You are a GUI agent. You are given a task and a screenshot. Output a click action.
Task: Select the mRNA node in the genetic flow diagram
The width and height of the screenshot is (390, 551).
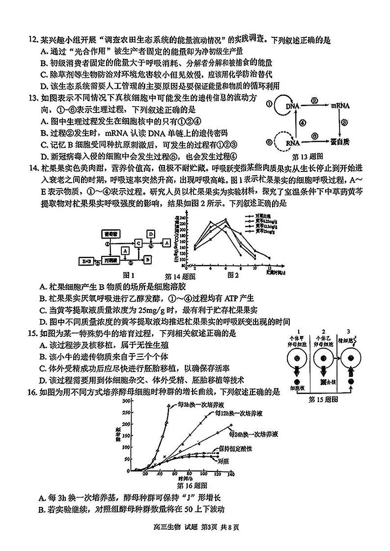click(x=339, y=106)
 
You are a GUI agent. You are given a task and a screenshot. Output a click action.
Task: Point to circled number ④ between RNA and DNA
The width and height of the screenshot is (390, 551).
click(x=303, y=123)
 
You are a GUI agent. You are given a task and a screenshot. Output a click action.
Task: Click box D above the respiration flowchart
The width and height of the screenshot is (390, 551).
click(x=151, y=233)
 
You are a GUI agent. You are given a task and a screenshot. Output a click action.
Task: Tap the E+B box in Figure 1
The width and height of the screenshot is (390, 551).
click(x=88, y=258)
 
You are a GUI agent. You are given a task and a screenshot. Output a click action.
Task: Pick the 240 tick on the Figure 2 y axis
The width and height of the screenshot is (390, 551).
click(x=182, y=218)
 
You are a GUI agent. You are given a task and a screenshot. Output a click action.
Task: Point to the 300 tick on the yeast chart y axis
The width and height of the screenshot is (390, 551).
click(x=126, y=401)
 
